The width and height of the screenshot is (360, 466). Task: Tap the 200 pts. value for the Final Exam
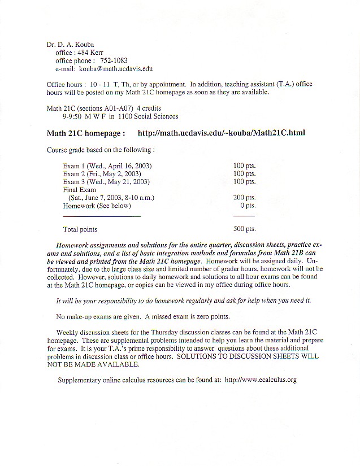(x=244, y=198)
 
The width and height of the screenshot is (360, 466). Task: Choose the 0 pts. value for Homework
(x=248, y=206)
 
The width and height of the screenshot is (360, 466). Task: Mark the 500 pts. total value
(x=244, y=229)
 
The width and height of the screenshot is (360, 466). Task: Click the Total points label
(x=80, y=229)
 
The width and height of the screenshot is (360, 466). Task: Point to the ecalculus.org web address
(x=261, y=380)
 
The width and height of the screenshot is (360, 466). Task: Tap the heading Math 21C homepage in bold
(x=85, y=133)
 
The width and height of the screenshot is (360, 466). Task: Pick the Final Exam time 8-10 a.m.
(x=137, y=198)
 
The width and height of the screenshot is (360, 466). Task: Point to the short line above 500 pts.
(x=244, y=216)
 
